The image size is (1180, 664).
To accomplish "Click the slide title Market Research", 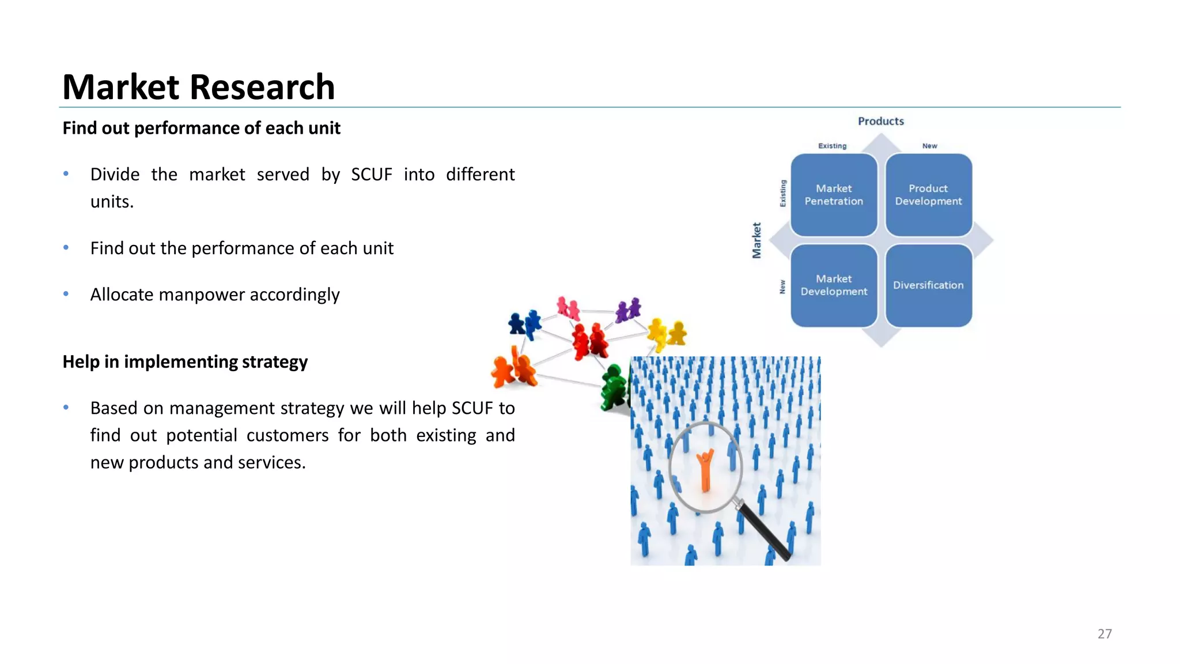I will [x=198, y=87].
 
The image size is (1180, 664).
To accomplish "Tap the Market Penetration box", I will [x=834, y=195].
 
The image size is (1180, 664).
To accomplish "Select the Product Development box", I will [x=928, y=195].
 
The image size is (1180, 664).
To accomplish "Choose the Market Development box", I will [x=834, y=285].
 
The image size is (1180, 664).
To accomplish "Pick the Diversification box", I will [x=928, y=285].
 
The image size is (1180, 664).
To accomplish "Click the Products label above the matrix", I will [x=880, y=121].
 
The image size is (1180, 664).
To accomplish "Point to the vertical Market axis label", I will [x=757, y=240].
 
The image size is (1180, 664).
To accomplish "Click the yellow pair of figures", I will [x=667, y=333].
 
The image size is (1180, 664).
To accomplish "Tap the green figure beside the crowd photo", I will [x=614, y=388].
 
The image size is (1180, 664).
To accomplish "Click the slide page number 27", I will [x=1104, y=633].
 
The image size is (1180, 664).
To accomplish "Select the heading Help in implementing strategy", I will [x=185, y=361].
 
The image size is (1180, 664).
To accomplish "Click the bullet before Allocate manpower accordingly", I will [x=66, y=294].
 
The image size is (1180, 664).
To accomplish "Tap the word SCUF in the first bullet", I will [x=371, y=174].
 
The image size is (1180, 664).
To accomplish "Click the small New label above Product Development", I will [x=929, y=146].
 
